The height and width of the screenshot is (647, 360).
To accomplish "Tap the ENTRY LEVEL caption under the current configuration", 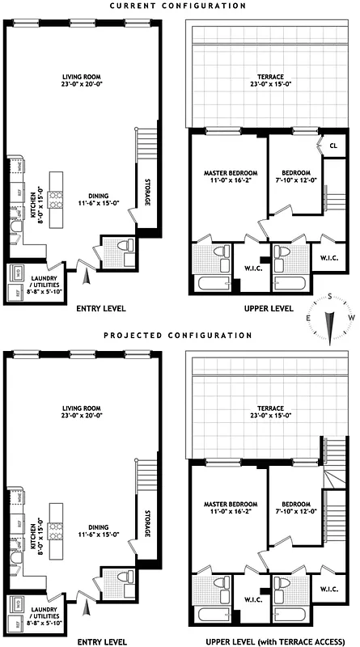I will pyautogui.click(x=100, y=308).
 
